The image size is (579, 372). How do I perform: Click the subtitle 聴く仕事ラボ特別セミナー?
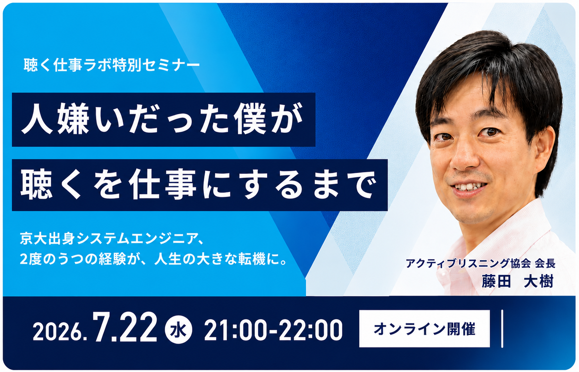tap(112, 65)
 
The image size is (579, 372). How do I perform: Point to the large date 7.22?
tap(125, 327)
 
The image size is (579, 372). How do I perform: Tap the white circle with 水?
tap(178, 330)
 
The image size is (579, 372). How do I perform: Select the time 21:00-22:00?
tap(273, 330)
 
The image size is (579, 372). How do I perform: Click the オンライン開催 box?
tap(425, 329)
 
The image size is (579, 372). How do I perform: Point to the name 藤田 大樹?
tap(518, 281)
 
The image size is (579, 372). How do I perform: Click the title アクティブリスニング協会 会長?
tap(480, 263)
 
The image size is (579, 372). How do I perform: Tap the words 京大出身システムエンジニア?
tap(109, 239)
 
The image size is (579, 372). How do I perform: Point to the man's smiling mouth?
tap(468, 188)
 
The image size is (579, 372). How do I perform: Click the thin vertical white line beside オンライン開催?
tap(502, 329)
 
